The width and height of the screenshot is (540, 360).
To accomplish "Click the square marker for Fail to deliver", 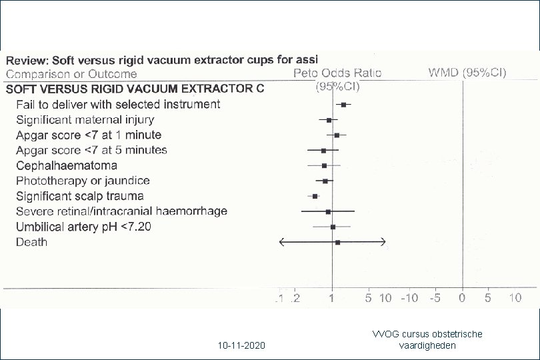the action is [x=343, y=105].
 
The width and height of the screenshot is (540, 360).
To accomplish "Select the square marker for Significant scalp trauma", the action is [x=315, y=196].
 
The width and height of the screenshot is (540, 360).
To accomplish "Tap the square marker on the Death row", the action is [x=337, y=243].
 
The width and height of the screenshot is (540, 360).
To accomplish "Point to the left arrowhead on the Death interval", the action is [x=281, y=242].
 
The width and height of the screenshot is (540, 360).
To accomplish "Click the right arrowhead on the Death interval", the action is [x=383, y=242].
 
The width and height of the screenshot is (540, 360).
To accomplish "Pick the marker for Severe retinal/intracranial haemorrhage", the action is [x=328, y=211].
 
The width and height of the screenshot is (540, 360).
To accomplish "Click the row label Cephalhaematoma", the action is [x=67, y=166].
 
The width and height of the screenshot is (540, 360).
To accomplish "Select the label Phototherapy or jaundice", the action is [x=83, y=181].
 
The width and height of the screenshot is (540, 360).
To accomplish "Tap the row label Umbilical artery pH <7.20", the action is [x=83, y=227].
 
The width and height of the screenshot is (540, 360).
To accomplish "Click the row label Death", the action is [x=31, y=242].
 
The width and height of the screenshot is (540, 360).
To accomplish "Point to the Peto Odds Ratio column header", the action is [x=337, y=73].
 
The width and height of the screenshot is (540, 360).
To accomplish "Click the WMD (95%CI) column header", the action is [x=467, y=73].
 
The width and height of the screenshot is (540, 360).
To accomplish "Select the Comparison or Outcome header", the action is [x=71, y=74].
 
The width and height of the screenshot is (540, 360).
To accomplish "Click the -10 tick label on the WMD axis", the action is [x=409, y=297].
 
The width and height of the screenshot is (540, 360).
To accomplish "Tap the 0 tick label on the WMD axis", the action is [x=462, y=297].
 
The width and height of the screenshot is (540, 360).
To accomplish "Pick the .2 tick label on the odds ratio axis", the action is [x=295, y=298].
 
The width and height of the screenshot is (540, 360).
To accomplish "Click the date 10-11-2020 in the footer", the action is [x=241, y=345].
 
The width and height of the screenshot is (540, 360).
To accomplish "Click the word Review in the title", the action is [x=27, y=61].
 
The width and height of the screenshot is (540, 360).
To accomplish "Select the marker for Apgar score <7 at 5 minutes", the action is [x=323, y=151].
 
